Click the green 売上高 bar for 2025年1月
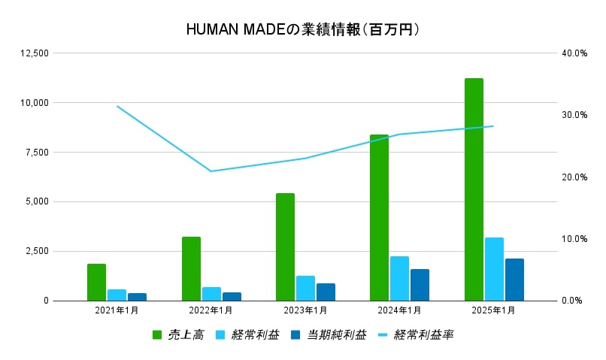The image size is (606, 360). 474,189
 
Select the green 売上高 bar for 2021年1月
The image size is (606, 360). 96,282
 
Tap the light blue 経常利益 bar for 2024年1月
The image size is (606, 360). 399,278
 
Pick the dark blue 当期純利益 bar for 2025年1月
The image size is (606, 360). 514,280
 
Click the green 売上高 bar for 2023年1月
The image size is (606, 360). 285,247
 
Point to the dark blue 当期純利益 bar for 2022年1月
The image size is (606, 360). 232,296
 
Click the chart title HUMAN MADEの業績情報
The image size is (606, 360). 302,30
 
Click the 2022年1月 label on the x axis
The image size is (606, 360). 211,310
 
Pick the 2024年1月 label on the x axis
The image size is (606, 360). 399,310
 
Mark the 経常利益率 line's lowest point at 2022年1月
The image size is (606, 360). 211,171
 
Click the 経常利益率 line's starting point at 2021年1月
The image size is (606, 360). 117,106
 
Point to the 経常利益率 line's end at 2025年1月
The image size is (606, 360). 493,126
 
